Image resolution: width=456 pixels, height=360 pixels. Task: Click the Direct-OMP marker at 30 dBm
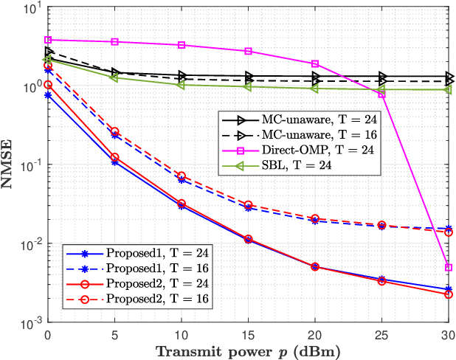click(449, 268)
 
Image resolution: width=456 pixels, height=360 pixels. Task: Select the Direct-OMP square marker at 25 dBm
click(381, 94)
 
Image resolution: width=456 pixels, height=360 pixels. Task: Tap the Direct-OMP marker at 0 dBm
click(48, 40)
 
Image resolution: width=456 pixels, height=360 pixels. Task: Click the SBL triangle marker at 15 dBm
click(248, 86)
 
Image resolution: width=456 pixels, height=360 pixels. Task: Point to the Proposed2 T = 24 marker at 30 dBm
click(449, 294)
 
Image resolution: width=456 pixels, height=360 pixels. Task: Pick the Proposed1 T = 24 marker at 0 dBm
click(48, 95)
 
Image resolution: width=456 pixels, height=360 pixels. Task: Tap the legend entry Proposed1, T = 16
click(136, 268)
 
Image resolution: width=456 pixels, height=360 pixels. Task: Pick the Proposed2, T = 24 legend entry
click(136, 283)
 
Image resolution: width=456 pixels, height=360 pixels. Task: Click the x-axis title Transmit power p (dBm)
click(248, 350)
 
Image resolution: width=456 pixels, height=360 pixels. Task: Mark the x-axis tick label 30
click(448, 333)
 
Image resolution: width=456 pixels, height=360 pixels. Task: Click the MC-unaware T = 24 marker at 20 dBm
click(315, 76)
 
